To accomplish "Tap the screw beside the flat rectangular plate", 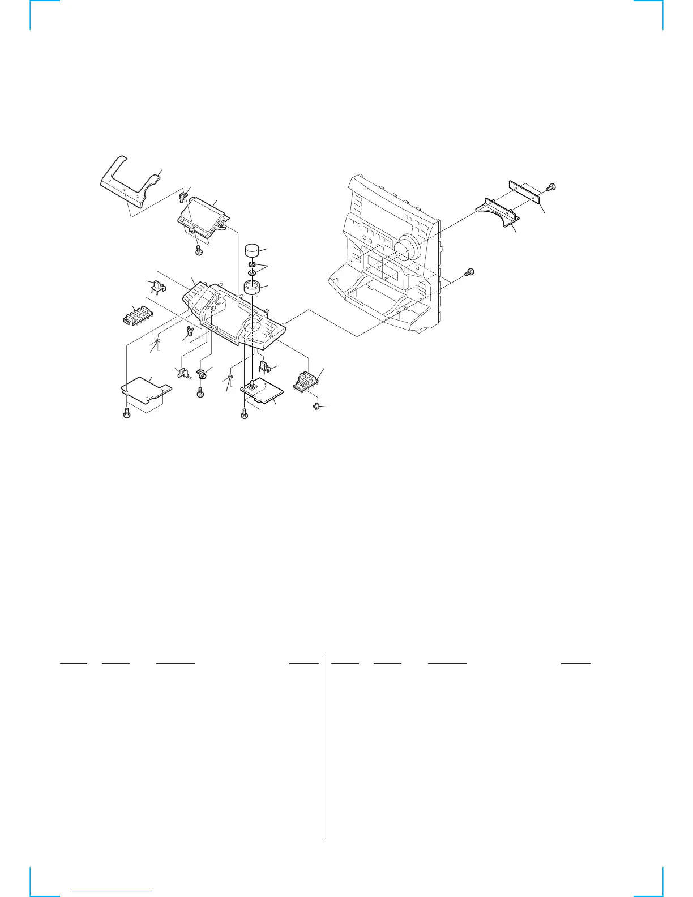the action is coord(552,187).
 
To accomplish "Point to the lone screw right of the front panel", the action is coord(469,272).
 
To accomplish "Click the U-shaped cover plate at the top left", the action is coord(128,181).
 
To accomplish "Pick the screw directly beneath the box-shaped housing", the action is coord(199,250).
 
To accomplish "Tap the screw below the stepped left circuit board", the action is coord(127,414).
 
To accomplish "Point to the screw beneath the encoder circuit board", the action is coord(244,415).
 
